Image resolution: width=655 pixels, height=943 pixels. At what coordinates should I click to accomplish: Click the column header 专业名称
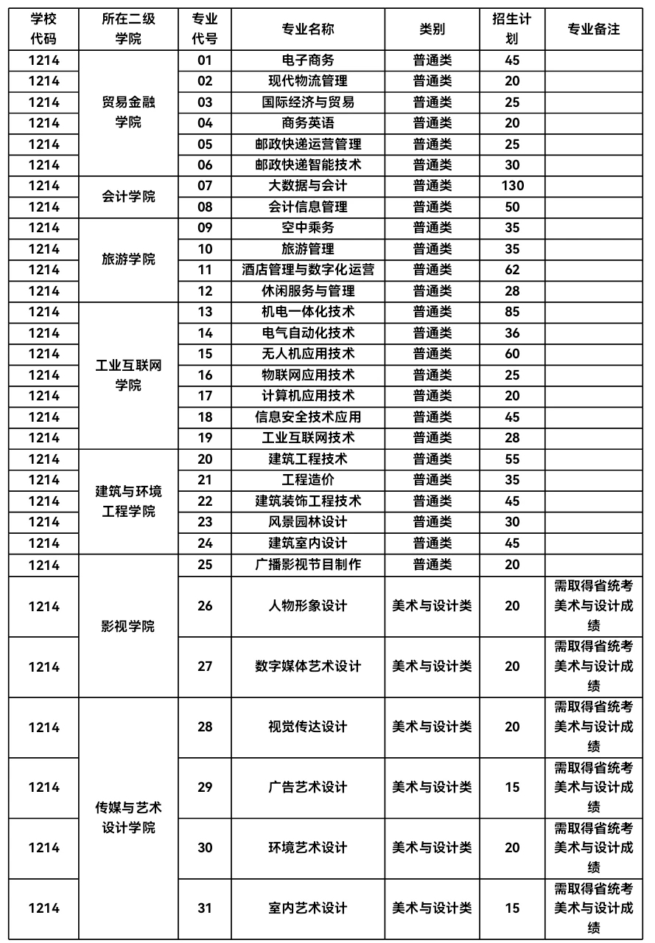coord(308,29)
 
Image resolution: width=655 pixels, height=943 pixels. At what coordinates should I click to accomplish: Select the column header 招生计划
coord(512,29)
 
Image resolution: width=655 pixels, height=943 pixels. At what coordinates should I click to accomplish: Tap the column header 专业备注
coord(594,29)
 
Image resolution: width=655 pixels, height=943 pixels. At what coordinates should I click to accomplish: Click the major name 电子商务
coord(308,60)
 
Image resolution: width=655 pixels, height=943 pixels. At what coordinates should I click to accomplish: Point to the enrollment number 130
coord(512,186)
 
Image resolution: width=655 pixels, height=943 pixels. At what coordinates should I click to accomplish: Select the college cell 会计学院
coord(128,196)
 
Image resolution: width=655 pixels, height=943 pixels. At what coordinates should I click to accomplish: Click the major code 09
coord(205,228)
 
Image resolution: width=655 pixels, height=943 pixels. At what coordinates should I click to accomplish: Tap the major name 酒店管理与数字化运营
coord(308,270)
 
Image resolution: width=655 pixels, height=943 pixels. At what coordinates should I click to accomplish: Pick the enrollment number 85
coord(512,312)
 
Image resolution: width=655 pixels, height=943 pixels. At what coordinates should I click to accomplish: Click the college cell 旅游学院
coord(128,260)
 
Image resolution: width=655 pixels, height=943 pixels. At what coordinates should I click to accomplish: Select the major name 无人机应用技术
coord(308,354)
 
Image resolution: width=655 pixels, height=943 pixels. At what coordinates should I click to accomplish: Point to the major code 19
coord(205,438)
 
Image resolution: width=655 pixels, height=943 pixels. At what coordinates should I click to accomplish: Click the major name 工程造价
coord(308,480)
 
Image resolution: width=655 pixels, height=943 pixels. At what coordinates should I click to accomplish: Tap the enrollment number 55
coord(512,459)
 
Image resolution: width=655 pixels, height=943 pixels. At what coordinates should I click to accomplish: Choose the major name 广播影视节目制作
coord(308,565)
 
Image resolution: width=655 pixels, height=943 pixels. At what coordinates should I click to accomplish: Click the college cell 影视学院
coord(128,627)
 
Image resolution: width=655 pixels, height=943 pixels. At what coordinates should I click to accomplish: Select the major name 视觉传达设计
coord(308,727)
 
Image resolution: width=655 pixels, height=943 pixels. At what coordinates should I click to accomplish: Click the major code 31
coord(205,908)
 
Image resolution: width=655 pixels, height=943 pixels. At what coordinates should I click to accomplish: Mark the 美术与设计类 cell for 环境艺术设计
coord(432,848)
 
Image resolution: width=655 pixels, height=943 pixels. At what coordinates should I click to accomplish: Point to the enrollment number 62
coord(512,270)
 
